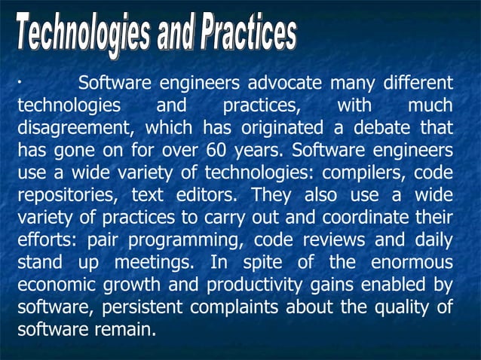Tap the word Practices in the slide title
pyautogui.click(x=248, y=35)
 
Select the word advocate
pyautogui.click(x=286, y=82)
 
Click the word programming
pyautogui.click(x=187, y=241)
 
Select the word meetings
pyautogui.click(x=155, y=263)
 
